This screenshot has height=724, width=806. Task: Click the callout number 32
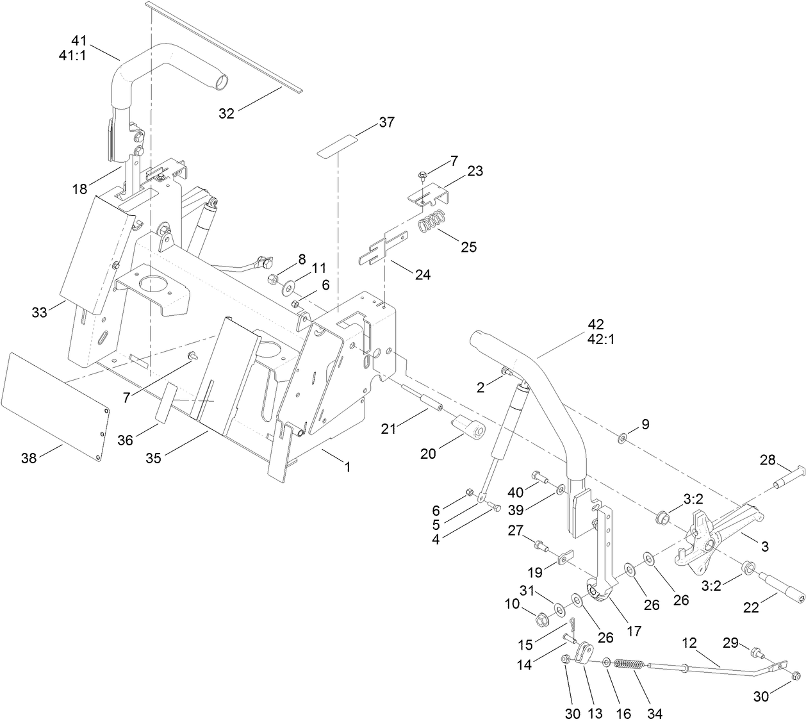(x=226, y=113)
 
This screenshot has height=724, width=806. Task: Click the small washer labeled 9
(x=622, y=439)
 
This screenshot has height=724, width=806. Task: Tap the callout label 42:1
(x=600, y=340)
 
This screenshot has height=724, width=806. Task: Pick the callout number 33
(x=40, y=313)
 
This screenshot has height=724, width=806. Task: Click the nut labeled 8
(x=272, y=279)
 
